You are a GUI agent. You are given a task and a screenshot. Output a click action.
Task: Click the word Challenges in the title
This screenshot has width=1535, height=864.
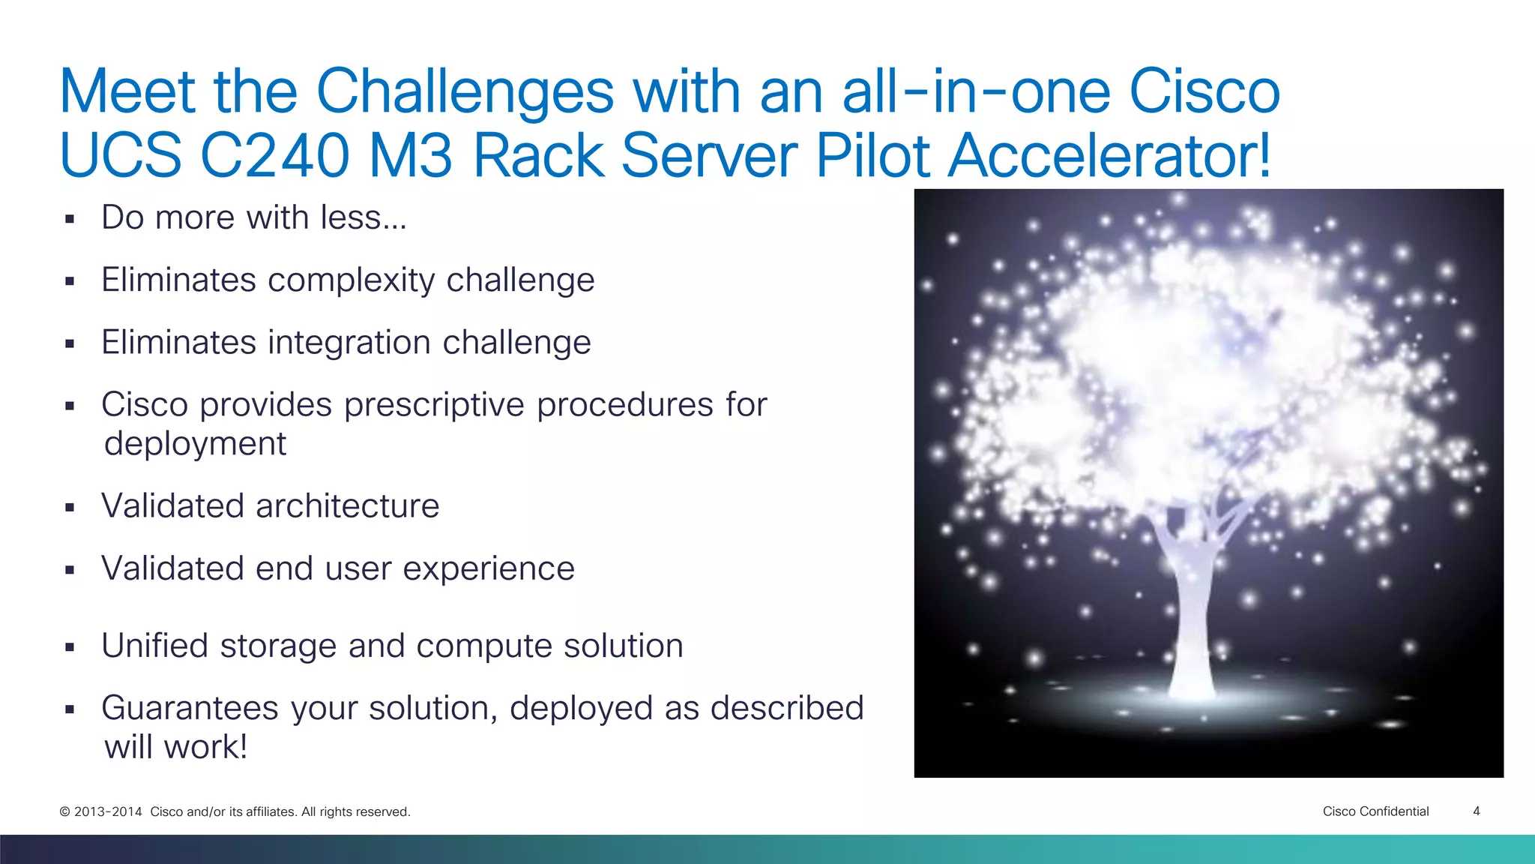click(465, 93)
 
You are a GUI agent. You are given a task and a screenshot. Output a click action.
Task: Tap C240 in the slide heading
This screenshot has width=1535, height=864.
click(275, 156)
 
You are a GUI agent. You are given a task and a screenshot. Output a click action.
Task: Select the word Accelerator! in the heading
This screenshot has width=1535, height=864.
click(1109, 156)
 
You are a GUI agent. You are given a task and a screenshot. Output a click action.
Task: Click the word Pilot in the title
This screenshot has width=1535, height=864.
click(873, 156)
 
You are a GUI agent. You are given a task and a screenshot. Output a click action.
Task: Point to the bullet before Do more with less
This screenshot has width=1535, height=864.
click(70, 219)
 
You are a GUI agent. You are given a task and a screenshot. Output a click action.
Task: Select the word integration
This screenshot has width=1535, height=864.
click(349, 343)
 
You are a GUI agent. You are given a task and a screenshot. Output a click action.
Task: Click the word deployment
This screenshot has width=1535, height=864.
click(195, 444)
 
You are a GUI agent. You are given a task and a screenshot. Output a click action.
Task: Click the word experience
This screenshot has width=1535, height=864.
click(489, 569)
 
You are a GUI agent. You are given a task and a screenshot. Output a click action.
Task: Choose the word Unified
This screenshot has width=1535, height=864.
click(154, 646)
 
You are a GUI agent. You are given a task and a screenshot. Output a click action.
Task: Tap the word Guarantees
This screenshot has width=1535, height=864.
click(190, 709)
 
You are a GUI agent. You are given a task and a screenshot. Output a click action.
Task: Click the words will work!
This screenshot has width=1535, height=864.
click(175, 747)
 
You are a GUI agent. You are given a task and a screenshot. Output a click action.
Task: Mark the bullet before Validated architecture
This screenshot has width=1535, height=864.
click(70, 508)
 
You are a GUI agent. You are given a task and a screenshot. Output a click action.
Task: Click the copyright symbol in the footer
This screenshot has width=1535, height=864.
click(64, 811)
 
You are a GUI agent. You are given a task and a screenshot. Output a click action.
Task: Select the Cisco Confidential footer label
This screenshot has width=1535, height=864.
click(1375, 811)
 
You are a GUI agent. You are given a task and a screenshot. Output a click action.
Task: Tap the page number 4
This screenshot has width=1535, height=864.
click(1476, 811)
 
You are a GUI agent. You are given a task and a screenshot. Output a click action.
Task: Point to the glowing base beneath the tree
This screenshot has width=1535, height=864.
click(1199, 701)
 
